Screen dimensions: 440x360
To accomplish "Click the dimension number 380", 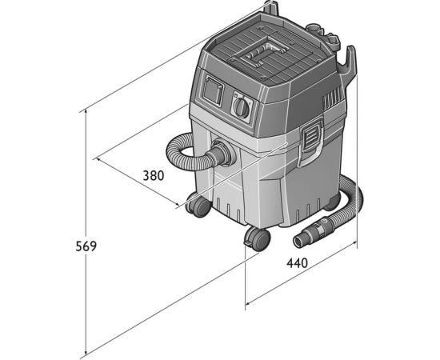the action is point(154,176).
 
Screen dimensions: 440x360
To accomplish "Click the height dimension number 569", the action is point(86,246).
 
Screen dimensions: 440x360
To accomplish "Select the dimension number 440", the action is point(297,263).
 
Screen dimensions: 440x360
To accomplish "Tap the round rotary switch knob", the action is point(242,107).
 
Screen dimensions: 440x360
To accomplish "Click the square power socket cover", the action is point(213,90).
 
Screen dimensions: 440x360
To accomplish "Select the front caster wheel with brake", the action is point(258,238).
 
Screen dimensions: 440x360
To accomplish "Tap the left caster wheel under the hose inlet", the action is point(198,206).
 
